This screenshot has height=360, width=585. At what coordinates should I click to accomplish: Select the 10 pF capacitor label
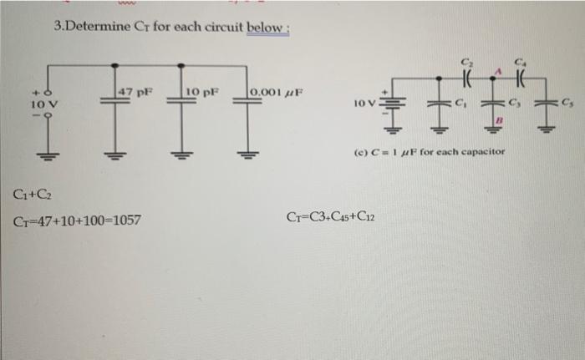(x=202, y=89)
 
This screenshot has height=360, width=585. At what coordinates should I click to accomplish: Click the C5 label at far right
(x=568, y=103)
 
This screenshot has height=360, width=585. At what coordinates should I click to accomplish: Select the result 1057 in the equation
(x=126, y=221)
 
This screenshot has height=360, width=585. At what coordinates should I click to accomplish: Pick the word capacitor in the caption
(x=483, y=155)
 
